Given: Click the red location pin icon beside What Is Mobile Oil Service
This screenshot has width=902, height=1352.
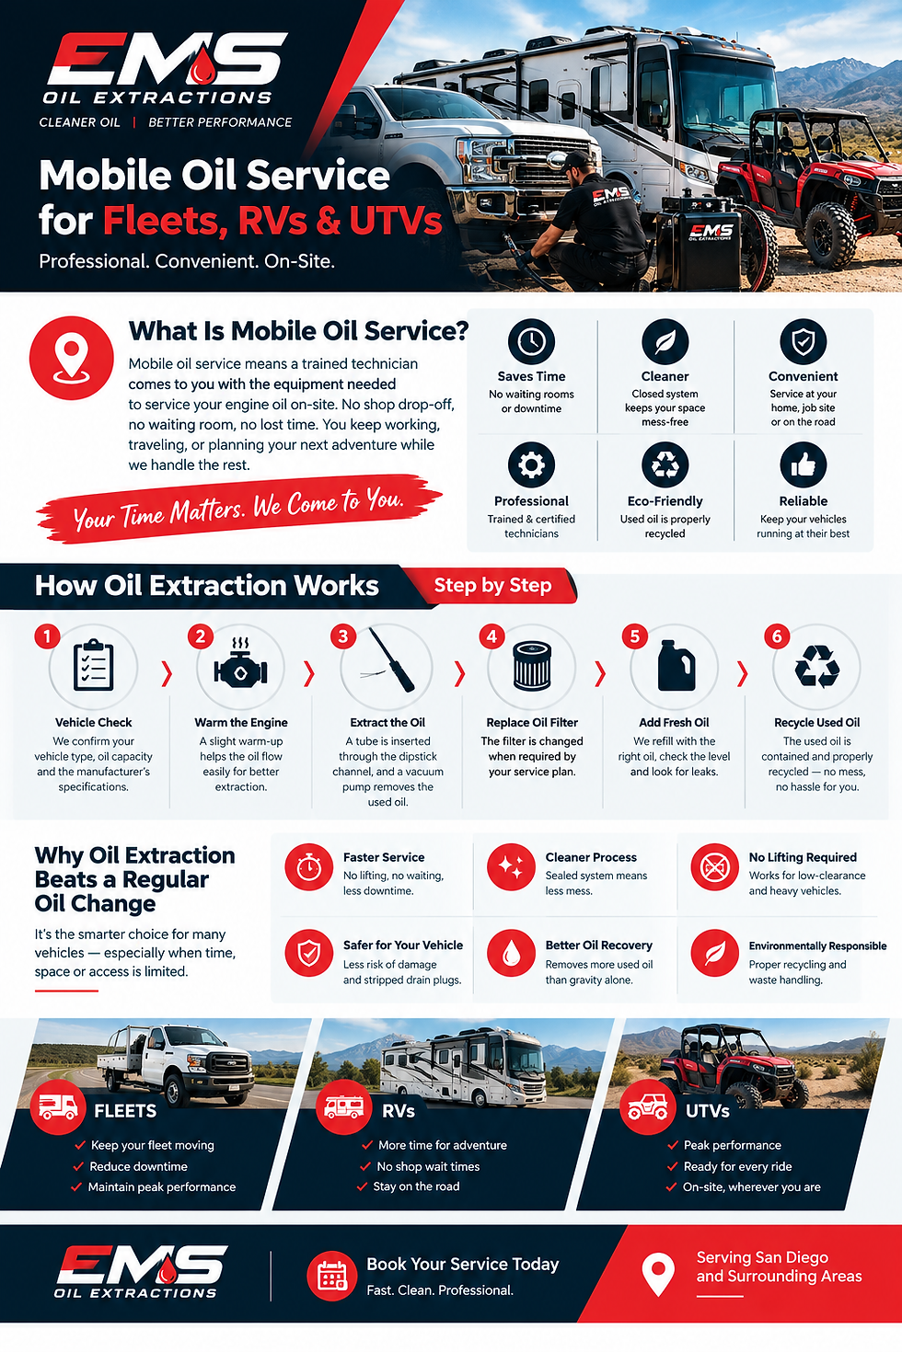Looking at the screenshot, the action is click(x=71, y=358).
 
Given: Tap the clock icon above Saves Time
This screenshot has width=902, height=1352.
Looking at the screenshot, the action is click(x=531, y=341).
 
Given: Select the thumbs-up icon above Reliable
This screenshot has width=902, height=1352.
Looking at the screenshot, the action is click(x=803, y=465).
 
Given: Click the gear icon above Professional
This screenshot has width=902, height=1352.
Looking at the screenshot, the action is click(x=531, y=465).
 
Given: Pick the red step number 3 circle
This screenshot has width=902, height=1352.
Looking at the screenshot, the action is click(x=343, y=636).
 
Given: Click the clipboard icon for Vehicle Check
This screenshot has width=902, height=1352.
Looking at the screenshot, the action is click(x=93, y=665).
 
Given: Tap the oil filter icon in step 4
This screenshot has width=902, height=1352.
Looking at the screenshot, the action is click(x=532, y=666).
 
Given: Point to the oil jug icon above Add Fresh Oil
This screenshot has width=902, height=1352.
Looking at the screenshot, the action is click(x=676, y=665).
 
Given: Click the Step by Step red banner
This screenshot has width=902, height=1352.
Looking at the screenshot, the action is click(x=492, y=585).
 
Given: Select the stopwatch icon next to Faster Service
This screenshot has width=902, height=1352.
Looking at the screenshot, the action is click(x=308, y=867).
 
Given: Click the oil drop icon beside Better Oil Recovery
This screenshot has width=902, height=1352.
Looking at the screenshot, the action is click(x=511, y=953).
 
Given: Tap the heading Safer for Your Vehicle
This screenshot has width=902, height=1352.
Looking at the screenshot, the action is click(x=403, y=945).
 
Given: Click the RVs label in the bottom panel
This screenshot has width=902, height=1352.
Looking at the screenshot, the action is click(x=399, y=1111).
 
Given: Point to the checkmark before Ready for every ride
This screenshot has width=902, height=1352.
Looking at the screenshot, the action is click(x=672, y=1166).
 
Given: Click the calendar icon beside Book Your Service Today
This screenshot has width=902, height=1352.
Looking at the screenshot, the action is click(x=331, y=1276).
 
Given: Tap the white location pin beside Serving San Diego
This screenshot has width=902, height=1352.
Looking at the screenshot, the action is click(x=658, y=1274).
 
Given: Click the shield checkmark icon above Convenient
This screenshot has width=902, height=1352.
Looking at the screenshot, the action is click(x=803, y=341).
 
